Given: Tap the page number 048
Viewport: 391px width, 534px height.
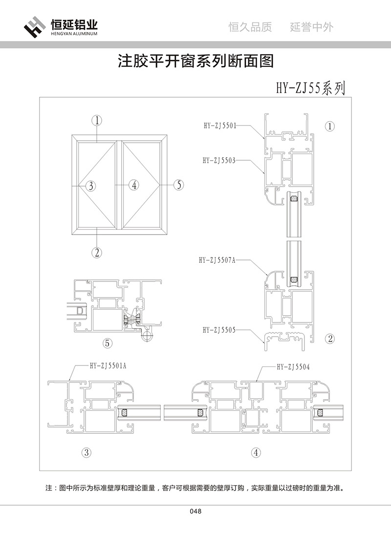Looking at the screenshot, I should (x=195, y=512).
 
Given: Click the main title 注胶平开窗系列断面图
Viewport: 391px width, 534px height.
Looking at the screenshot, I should (x=195, y=61).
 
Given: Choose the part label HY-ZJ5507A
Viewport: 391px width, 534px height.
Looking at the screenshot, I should (x=217, y=260).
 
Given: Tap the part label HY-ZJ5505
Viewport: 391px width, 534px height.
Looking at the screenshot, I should (x=219, y=330).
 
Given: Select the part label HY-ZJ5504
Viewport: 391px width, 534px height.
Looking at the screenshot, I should (x=293, y=366).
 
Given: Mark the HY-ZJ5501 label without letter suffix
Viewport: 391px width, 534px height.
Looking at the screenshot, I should (x=219, y=125).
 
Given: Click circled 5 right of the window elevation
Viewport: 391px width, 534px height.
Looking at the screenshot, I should (x=179, y=185).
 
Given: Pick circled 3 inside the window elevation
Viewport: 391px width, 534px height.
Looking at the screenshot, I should (x=91, y=185).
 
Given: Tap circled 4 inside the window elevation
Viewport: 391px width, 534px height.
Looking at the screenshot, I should (x=134, y=185).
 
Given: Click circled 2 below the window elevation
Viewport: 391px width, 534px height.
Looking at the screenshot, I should (x=97, y=252).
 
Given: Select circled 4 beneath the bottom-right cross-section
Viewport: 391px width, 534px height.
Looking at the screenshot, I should (x=256, y=452).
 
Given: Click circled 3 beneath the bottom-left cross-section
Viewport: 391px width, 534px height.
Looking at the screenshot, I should (x=86, y=452).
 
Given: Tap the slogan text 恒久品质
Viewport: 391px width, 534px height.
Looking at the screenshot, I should (x=250, y=27).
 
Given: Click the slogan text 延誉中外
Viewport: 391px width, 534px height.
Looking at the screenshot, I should (x=311, y=27).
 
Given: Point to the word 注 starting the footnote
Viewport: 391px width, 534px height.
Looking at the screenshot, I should (x=48, y=488).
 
